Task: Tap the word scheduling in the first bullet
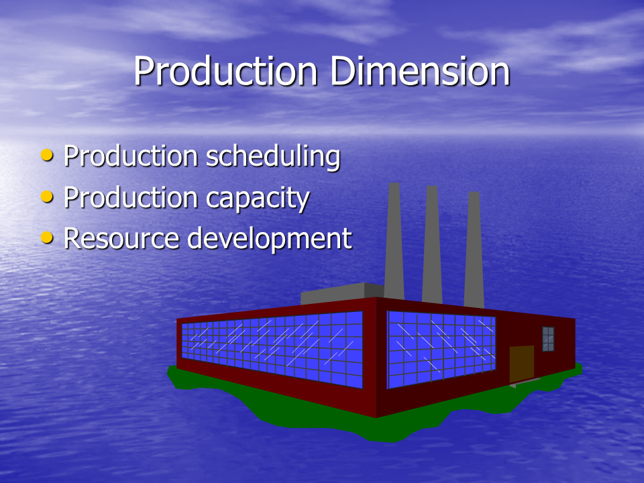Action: [273, 157]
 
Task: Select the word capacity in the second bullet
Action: [258, 199]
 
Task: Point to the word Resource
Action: [121, 238]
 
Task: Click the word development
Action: [270, 239]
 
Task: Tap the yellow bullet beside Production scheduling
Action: [47, 155]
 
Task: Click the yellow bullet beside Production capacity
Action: [47, 197]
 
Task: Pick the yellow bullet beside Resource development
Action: [47, 237]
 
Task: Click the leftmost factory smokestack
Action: [394, 241]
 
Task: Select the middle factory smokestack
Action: [432, 245]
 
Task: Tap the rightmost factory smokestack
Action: [474, 250]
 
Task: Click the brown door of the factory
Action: [522, 364]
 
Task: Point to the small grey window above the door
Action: [548, 339]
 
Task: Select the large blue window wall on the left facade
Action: [272, 349]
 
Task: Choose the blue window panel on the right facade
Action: [441, 350]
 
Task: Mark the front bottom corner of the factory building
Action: [376, 417]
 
